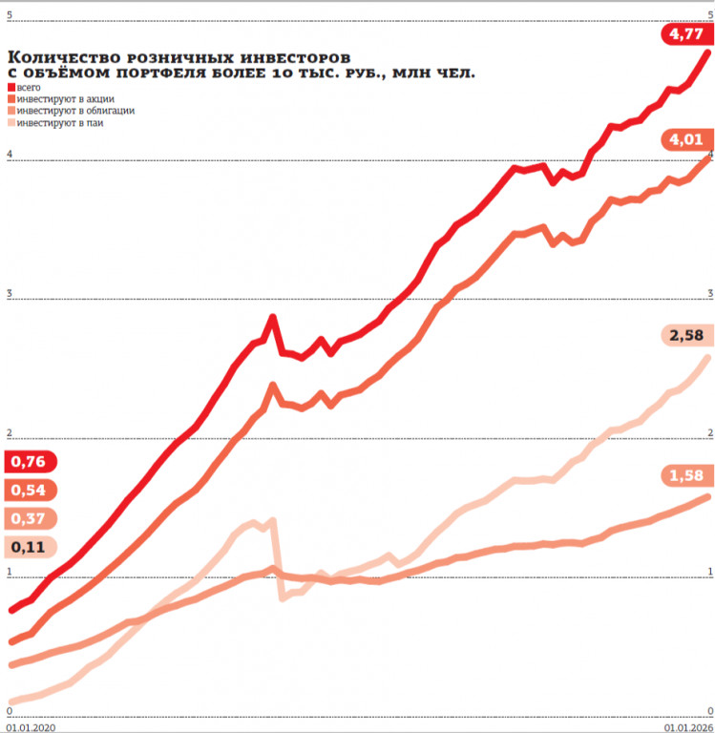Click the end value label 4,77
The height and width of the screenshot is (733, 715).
coord(686,34)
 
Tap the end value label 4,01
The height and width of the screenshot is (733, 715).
coord(686,140)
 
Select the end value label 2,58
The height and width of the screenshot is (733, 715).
coord(686,335)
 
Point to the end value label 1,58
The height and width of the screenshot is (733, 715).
coord(686,475)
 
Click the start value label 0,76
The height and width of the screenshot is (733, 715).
coord(29,462)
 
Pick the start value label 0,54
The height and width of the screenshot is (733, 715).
coord(29,490)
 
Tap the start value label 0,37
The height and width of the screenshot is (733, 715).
coord(29,518)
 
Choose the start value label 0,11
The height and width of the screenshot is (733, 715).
coord(29,548)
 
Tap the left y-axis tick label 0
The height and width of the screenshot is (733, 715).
coord(9,711)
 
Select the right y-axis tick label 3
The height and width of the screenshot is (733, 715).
coord(708,293)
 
